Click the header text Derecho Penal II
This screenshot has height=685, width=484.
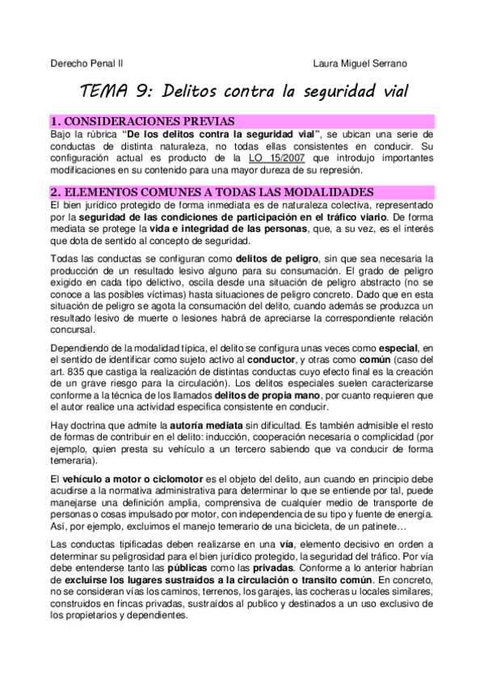click(86, 62)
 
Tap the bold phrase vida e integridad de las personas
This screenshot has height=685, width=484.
click(227, 230)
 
